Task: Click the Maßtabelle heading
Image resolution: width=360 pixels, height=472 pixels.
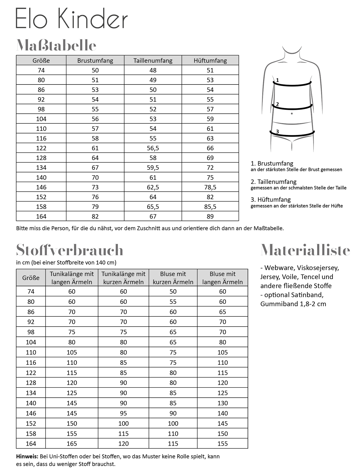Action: click(x=56, y=46)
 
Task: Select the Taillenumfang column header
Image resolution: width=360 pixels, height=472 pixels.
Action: click(x=153, y=61)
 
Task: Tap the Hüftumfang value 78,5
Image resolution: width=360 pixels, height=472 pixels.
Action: click(x=210, y=187)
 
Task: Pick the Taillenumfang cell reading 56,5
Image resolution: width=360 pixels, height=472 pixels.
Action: click(x=153, y=148)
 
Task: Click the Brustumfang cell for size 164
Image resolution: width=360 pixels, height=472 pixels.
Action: click(x=95, y=216)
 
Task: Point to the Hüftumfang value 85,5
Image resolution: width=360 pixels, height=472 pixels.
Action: click(x=210, y=207)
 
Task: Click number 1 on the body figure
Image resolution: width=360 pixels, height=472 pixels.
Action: click(x=278, y=80)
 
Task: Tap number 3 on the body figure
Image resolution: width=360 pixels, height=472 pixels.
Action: click(x=278, y=132)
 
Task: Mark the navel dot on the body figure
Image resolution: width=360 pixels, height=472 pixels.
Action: click(x=292, y=114)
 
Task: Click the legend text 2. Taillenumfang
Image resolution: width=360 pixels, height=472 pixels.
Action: click(x=273, y=182)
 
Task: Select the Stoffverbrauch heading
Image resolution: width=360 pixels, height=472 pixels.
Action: click(x=69, y=250)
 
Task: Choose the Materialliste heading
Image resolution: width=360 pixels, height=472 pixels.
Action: click(x=305, y=250)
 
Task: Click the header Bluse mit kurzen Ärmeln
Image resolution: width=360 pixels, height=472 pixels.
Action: click(x=173, y=278)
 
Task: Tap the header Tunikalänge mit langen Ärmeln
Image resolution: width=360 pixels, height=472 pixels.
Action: click(x=72, y=278)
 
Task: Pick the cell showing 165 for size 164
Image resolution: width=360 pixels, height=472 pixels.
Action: click(x=72, y=444)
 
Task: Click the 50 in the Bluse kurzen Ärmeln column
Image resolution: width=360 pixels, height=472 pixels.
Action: click(x=173, y=292)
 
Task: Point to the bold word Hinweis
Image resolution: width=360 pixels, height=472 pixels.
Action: click(x=27, y=456)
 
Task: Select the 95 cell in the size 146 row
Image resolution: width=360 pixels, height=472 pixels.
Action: click(x=124, y=413)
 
